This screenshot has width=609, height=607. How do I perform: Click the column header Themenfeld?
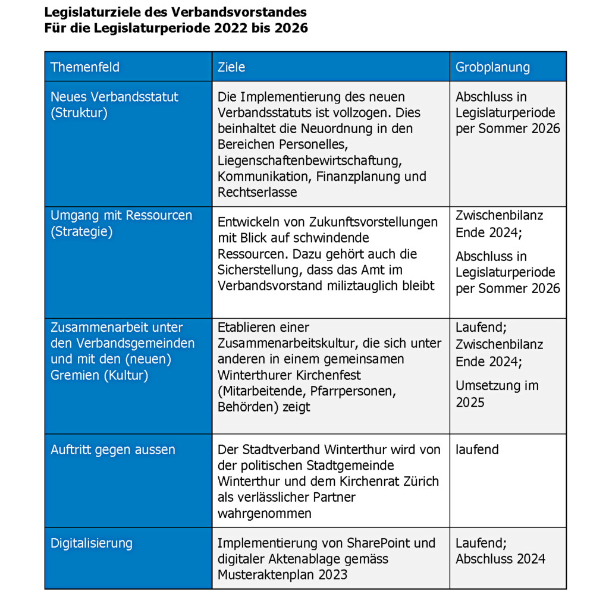click(85, 67)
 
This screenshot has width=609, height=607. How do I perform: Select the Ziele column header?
click(231, 67)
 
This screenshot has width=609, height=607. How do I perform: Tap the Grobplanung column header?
click(492, 67)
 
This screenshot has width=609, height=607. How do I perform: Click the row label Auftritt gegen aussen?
click(113, 449)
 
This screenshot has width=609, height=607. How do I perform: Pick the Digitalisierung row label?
click(92, 543)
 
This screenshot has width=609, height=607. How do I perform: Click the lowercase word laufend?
click(478, 449)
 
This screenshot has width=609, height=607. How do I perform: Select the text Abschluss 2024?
click(501, 559)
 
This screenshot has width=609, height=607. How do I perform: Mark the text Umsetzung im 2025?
click(497, 394)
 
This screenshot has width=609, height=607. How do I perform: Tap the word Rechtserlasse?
click(258, 193)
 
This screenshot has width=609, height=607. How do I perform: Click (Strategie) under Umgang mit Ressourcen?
click(81, 232)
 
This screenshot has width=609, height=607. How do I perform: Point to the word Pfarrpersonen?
click(356, 391)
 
